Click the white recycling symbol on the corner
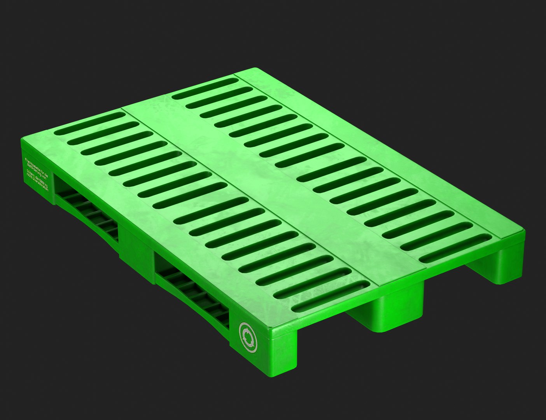coord(248,334)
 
